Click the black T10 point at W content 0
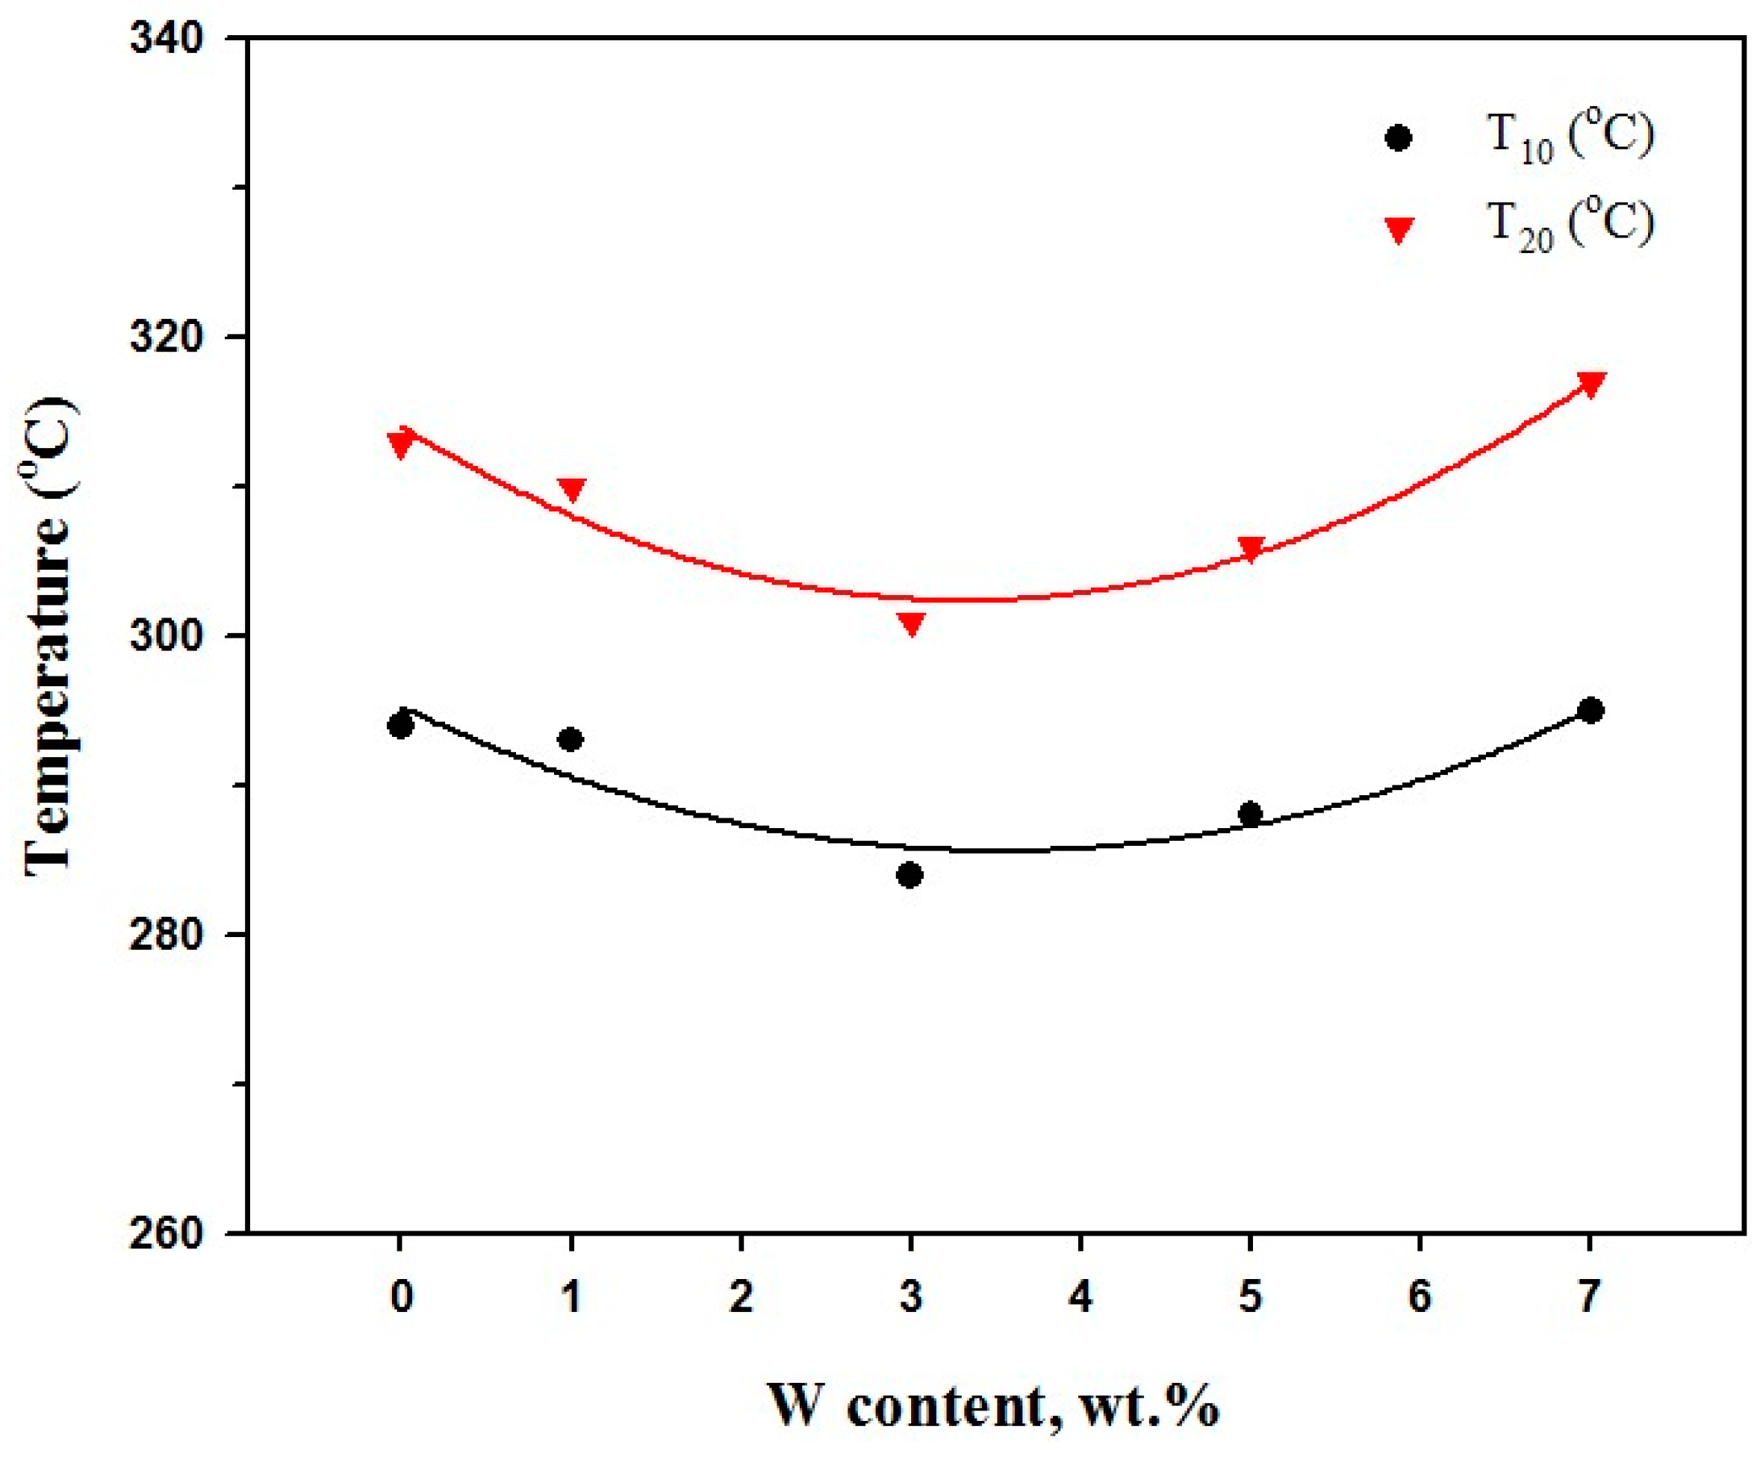(x=400, y=725)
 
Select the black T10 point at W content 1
(x=570, y=739)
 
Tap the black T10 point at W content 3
(x=910, y=876)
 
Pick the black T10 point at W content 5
(x=1250, y=813)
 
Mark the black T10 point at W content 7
(x=1590, y=710)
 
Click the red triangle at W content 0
(x=400, y=442)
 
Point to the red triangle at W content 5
(x=1251, y=549)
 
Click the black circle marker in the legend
(x=1398, y=137)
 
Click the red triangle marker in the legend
(x=1398, y=230)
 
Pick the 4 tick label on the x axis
(x=1081, y=1297)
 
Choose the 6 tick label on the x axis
(x=1420, y=1297)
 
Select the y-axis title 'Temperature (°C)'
(x=50, y=636)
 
